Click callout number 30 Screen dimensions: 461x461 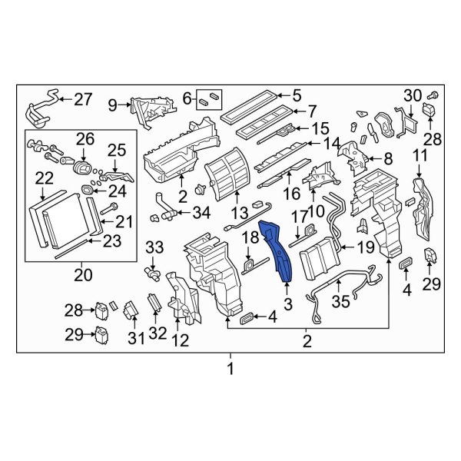413,95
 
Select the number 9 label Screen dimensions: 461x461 113,104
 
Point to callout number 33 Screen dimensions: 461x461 154,247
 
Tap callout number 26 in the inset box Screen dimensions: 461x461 85,139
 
